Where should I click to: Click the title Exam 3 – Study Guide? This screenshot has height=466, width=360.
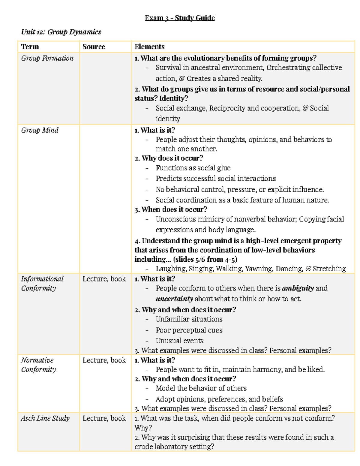click(x=180, y=18)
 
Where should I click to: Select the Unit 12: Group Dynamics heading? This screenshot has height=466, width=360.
click(x=61, y=32)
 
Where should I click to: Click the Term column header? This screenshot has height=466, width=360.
click(x=30, y=47)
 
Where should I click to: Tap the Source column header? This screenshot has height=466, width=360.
click(x=94, y=47)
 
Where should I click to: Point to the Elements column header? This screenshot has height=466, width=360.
click(x=149, y=47)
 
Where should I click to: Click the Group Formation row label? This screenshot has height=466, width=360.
click(x=47, y=58)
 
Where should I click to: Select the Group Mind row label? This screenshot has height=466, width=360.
click(x=40, y=130)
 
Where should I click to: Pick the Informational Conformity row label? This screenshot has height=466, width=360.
click(x=42, y=284)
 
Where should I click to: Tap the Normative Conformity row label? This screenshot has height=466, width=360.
click(x=38, y=365)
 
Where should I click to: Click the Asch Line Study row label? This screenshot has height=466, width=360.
click(x=45, y=418)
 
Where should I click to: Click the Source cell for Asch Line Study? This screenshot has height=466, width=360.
click(x=104, y=418)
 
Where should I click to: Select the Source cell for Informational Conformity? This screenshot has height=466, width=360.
click(x=104, y=279)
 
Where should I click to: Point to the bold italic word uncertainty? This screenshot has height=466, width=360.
click(x=174, y=299)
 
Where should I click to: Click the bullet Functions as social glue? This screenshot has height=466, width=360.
click(x=193, y=168)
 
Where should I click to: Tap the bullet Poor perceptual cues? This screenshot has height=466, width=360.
click(x=189, y=330)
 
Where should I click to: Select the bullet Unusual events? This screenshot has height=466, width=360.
click(x=179, y=341)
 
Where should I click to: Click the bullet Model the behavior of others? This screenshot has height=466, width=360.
click(x=201, y=388)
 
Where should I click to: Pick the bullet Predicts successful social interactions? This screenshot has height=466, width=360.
click(x=215, y=179)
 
